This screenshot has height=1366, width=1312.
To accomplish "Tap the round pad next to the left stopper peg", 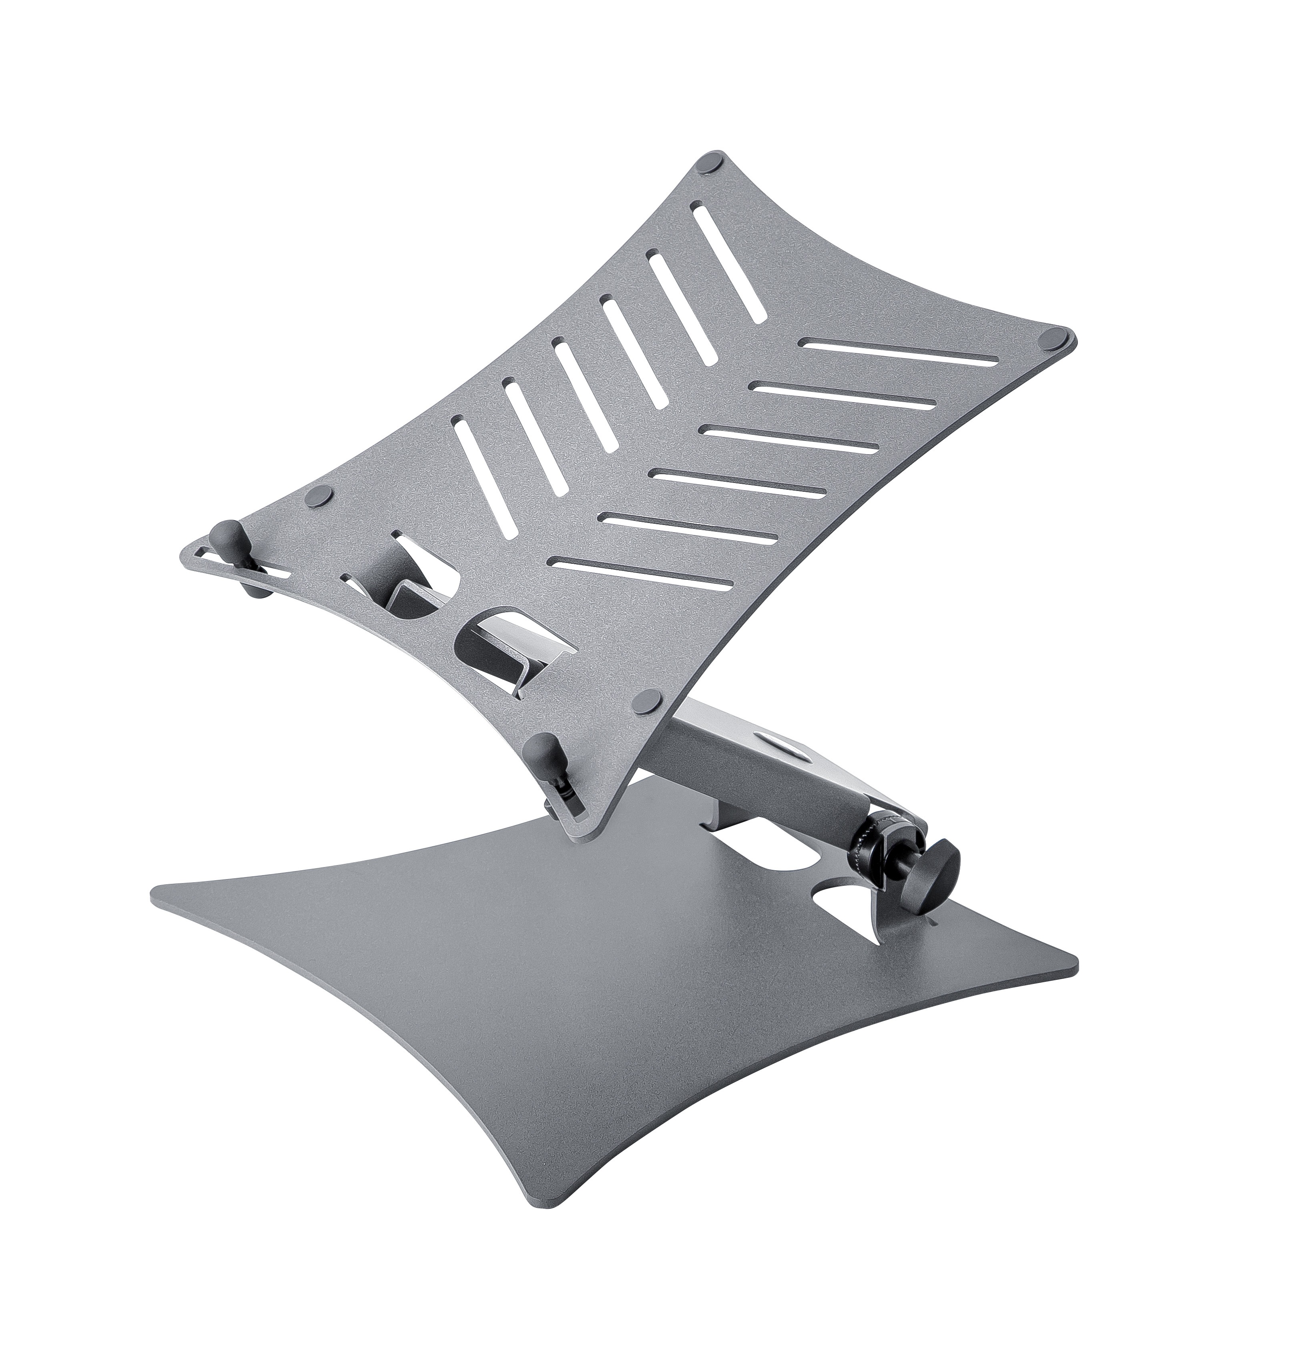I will click(319, 497).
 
